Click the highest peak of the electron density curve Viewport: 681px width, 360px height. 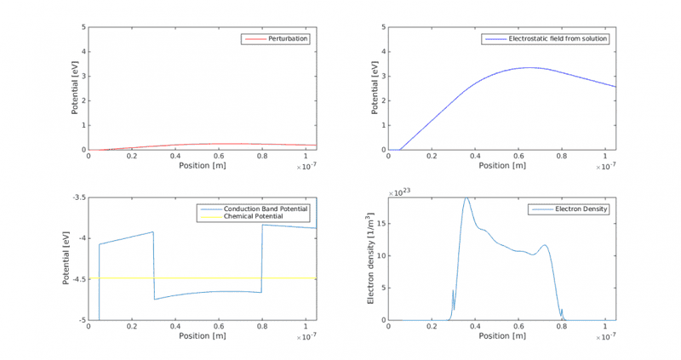[466, 198]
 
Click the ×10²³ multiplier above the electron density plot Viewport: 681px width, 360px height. [399, 192]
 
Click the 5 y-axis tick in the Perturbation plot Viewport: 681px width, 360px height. [83, 27]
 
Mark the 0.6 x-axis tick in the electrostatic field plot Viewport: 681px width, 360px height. [518, 157]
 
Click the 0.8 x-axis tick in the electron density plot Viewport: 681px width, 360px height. [562, 328]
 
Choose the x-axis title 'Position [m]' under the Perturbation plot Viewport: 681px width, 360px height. [202, 165]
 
